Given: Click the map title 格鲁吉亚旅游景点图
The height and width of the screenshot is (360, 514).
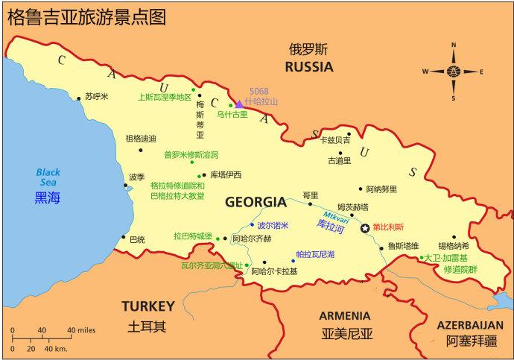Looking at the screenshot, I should pyautogui.click(x=86, y=16).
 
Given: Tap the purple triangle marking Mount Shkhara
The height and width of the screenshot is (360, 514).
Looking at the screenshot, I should pyautogui.click(x=238, y=104).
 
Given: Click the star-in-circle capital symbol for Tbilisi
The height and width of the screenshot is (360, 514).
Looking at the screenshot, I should pyautogui.click(x=365, y=227).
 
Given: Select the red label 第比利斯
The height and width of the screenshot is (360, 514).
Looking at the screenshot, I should pyautogui.click(x=388, y=227).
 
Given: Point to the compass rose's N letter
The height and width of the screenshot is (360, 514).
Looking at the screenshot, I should pyautogui.click(x=453, y=46).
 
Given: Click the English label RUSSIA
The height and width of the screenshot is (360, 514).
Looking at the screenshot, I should pyautogui.click(x=308, y=66).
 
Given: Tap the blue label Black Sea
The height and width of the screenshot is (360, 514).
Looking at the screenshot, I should pyautogui.click(x=48, y=177).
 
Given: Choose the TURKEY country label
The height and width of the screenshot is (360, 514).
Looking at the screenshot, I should pyautogui.click(x=148, y=306).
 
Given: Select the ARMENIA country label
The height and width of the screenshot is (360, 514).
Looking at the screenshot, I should pyautogui.click(x=344, y=315).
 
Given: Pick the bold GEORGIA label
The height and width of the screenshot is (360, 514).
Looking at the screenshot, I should pyautogui.click(x=256, y=202).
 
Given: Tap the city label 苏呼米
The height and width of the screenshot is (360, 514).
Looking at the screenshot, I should pyautogui.click(x=97, y=97).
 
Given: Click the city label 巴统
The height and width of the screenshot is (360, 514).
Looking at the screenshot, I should pyautogui.click(x=137, y=239).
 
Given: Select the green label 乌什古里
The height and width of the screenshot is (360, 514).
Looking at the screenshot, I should pyautogui.click(x=232, y=115).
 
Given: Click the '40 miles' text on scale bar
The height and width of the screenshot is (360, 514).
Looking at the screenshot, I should pyautogui.click(x=82, y=330).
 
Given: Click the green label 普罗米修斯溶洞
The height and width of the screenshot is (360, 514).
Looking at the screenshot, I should pyautogui.click(x=191, y=155).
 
